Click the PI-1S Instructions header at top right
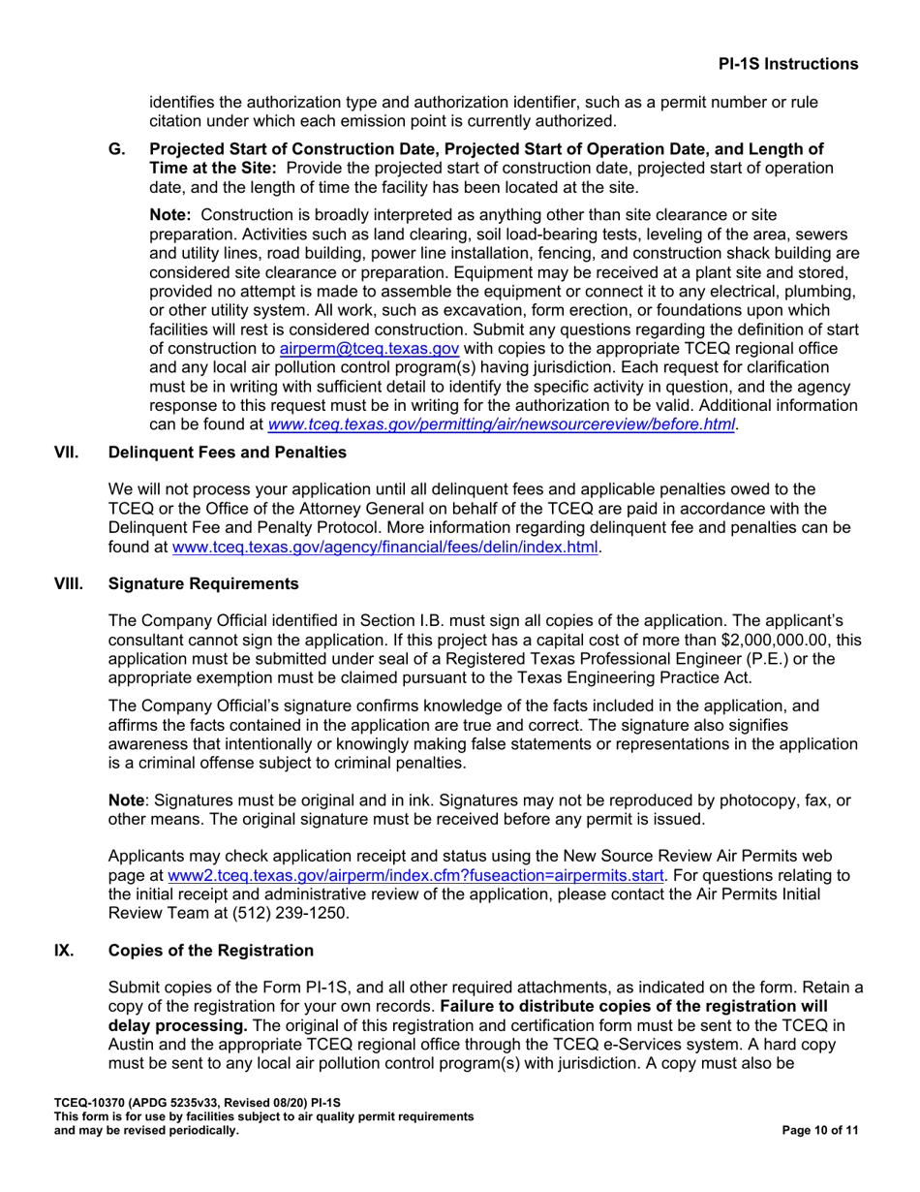pos(787,64)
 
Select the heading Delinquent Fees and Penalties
pos(228,452)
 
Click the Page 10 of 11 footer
pos(819,1130)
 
